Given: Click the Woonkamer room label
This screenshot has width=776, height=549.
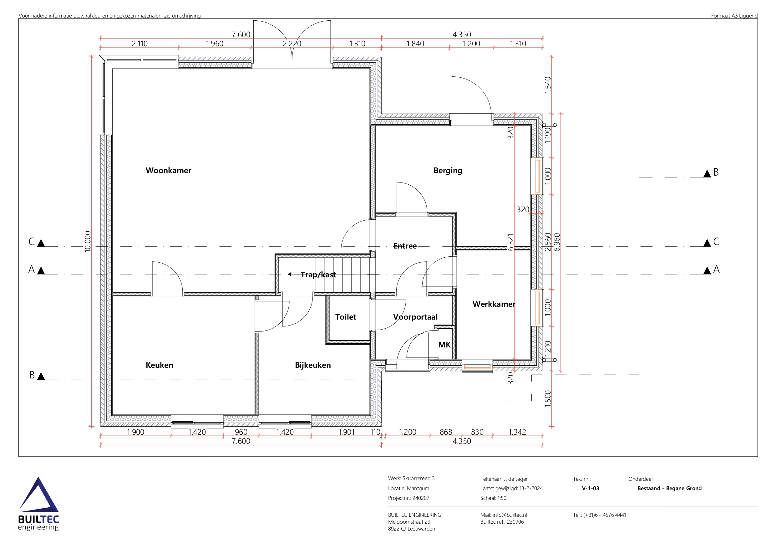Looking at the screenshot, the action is click(x=168, y=171).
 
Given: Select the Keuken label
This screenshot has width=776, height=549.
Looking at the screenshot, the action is click(x=159, y=365).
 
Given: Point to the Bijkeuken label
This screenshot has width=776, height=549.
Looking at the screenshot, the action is click(x=313, y=365).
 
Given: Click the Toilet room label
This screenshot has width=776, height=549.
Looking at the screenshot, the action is click(x=345, y=317).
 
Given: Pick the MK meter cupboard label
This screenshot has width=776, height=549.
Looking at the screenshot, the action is click(x=444, y=345).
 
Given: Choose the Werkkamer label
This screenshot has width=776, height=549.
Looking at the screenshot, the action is click(x=494, y=304).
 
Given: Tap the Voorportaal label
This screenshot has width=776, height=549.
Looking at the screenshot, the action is click(x=415, y=317).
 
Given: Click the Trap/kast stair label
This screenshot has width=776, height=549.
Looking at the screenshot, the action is click(x=318, y=275).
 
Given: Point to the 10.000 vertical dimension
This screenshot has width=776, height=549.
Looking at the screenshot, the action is click(x=88, y=242).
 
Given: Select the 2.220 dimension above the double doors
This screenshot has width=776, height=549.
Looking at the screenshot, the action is click(x=292, y=44).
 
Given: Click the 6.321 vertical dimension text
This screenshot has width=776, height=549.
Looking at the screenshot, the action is click(x=511, y=242).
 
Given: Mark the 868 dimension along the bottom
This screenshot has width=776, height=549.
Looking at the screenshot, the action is click(x=446, y=432).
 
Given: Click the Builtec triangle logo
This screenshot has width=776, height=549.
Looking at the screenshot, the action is click(x=38, y=495).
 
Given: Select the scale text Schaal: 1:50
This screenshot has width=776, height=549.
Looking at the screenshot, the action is click(x=493, y=498).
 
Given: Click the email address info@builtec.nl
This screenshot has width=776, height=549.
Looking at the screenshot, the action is click(x=510, y=515).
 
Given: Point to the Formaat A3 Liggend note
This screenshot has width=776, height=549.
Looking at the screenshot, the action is click(x=734, y=16).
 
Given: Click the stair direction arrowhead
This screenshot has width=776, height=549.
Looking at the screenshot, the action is click(x=290, y=274).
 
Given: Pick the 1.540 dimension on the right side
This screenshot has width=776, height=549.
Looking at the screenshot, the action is click(x=548, y=85).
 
